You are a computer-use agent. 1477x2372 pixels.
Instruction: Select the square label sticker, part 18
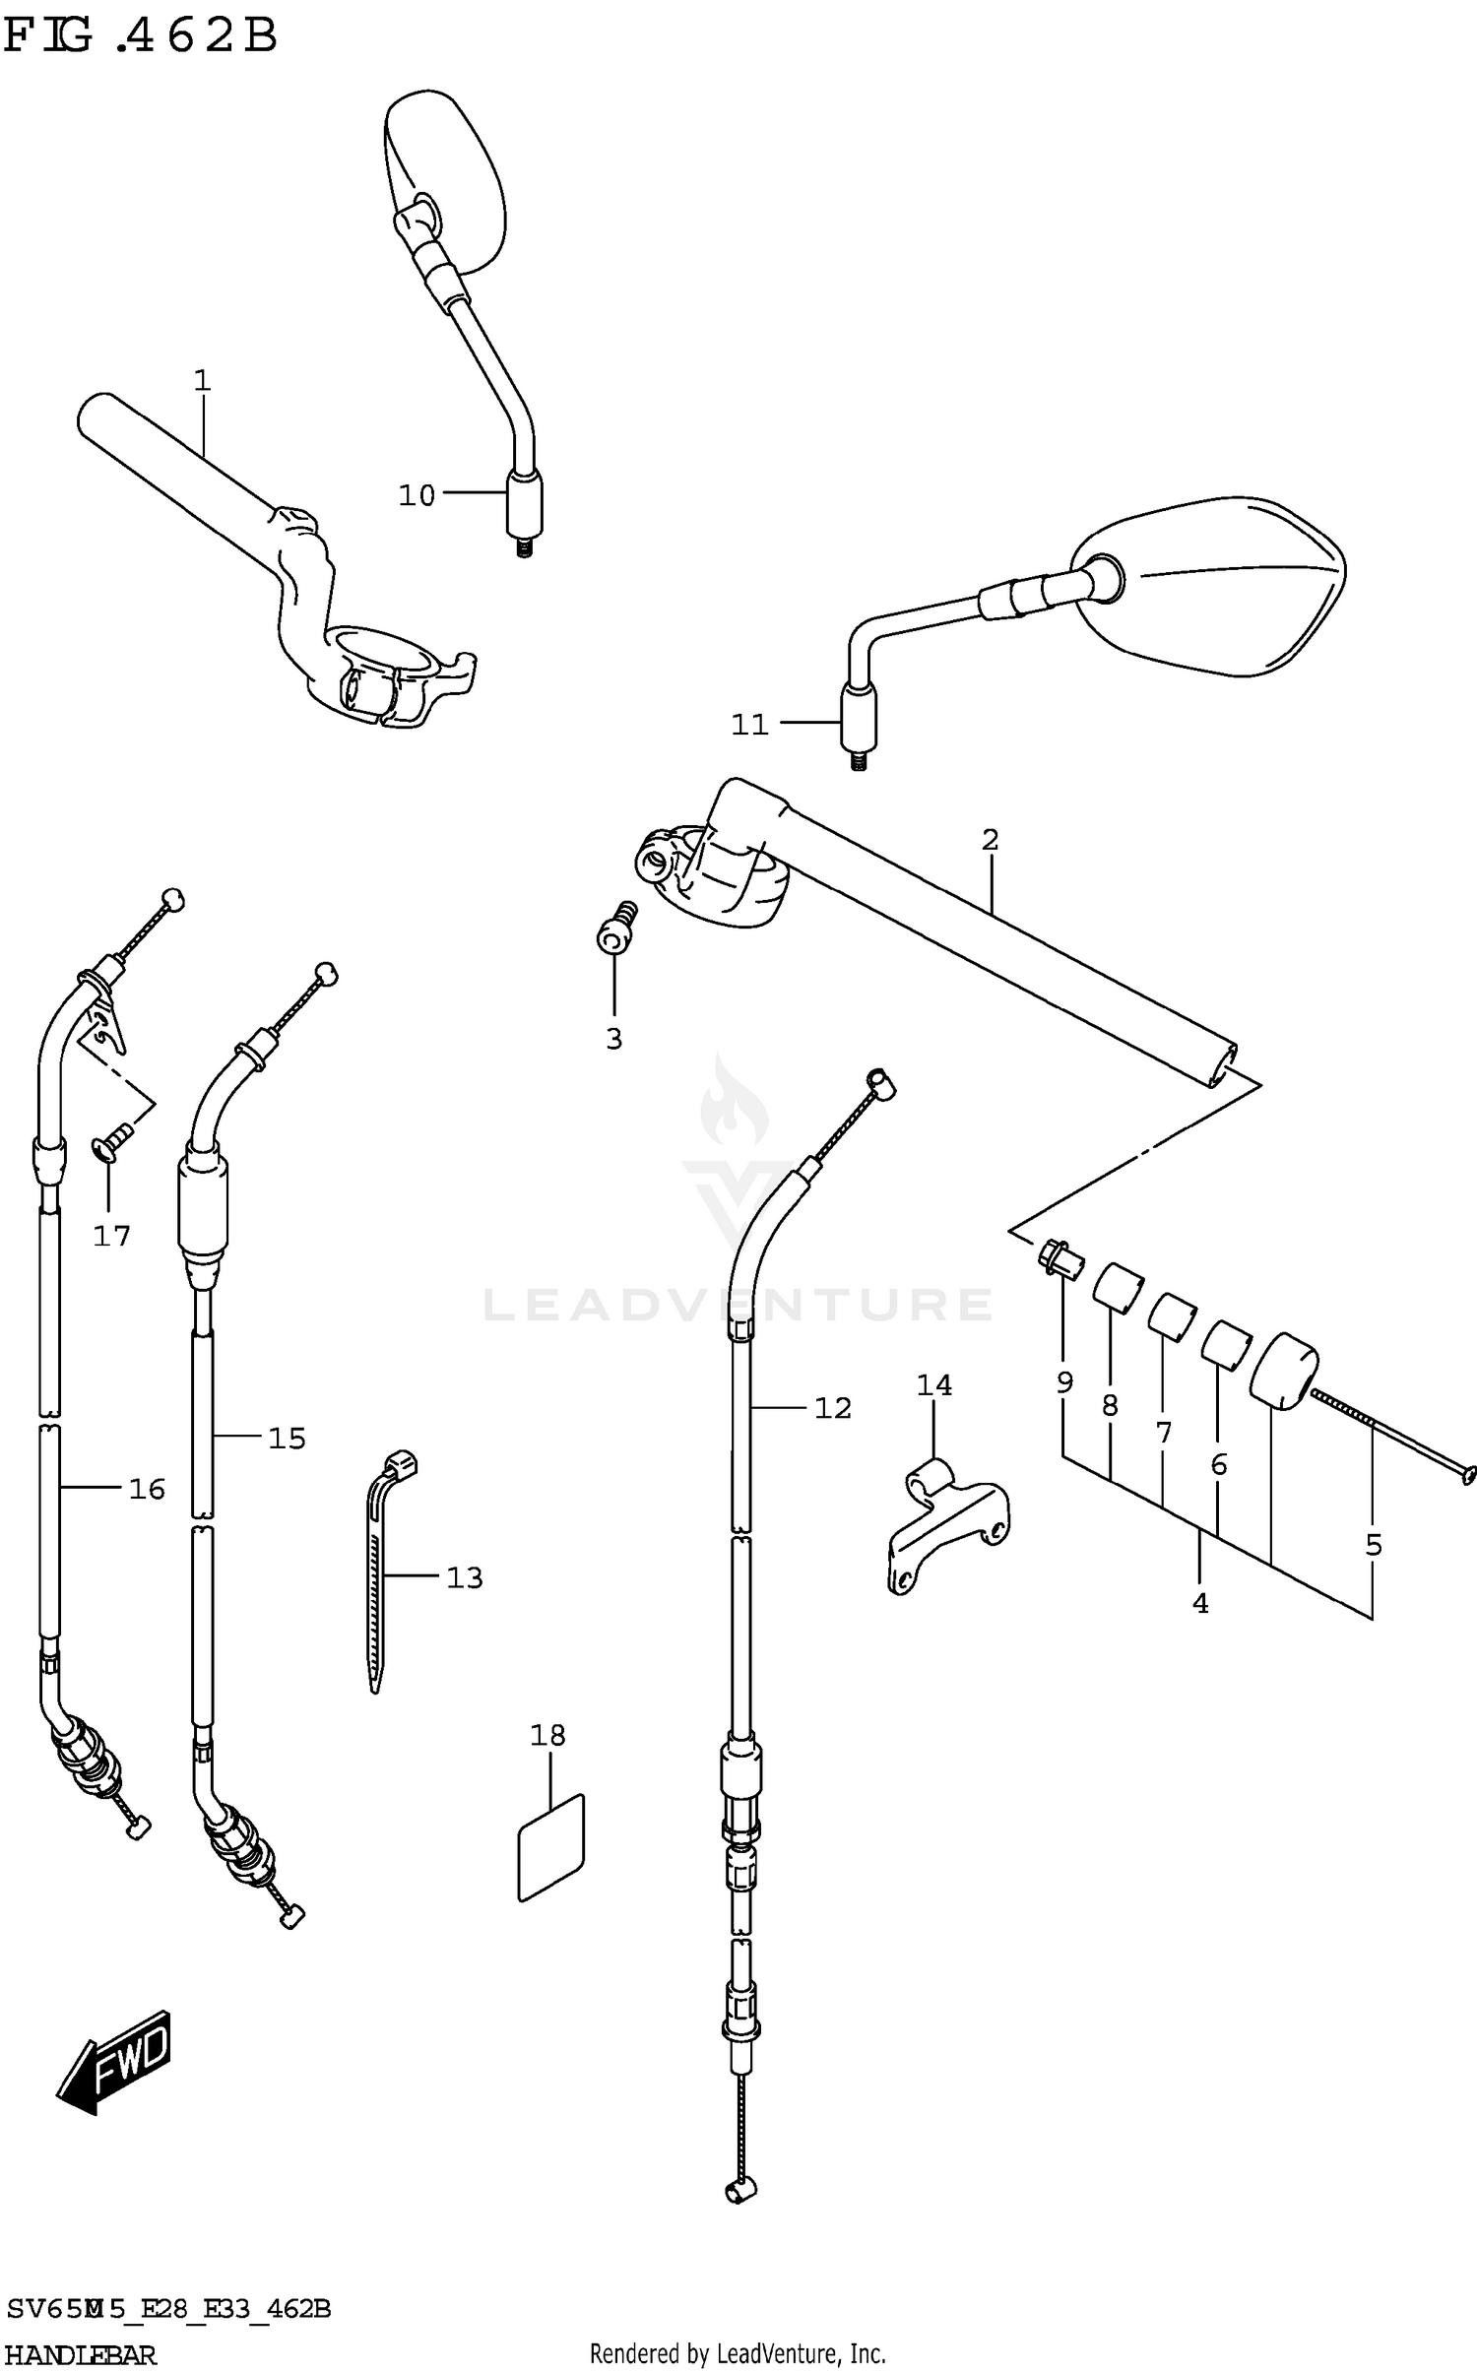[x=550, y=1848]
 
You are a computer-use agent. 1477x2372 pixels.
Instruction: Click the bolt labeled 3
[x=616, y=927]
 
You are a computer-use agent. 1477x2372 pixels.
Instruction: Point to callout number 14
[x=933, y=1385]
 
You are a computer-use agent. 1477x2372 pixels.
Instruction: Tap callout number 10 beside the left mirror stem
[x=416, y=495]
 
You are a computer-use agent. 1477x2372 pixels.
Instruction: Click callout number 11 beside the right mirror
[x=748, y=725]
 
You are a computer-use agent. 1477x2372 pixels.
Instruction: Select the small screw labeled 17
[x=112, y=1143]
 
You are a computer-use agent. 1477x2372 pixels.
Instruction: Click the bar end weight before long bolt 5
[x=1283, y=1367]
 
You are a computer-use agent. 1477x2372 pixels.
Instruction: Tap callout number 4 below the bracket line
[x=1199, y=1603]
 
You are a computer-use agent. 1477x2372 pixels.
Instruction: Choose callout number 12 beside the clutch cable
[x=832, y=1408]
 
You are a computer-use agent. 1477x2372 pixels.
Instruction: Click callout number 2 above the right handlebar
[x=990, y=840]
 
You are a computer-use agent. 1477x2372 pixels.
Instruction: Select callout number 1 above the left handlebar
[x=202, y=380]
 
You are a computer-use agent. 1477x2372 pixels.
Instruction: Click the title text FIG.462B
[x=140, y=37]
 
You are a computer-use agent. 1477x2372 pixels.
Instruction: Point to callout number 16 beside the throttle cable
[x=147, y=1489]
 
